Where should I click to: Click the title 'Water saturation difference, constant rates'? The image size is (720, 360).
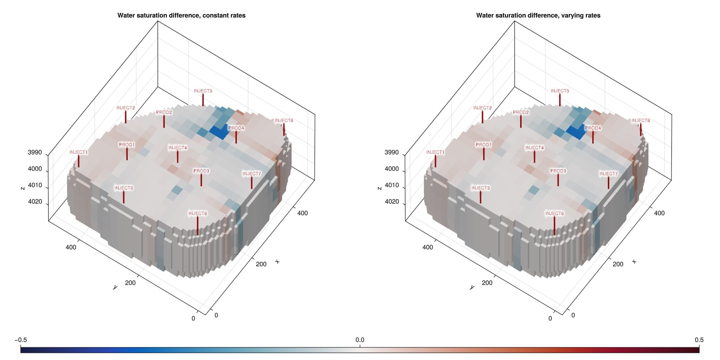[x=181, y=15]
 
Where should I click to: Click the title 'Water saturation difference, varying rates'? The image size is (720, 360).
[x=538, y=15]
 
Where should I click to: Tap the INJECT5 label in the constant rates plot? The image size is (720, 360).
[x=203, y=91]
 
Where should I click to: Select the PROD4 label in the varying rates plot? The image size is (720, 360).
[x=593, y=128]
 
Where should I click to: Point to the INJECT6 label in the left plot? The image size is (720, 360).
[x=198, y=213]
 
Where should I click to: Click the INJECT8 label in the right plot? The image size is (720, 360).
[x=640, y=121]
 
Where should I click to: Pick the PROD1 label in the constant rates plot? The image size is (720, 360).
[x=127, y=145]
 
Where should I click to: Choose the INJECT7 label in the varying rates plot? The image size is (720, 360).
[x=608, y=174]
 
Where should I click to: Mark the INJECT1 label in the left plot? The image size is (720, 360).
[x=78, y=152]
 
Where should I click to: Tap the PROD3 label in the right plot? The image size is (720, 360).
[x=558, y=171]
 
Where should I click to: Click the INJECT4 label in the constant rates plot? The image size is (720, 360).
[x=178, y=148]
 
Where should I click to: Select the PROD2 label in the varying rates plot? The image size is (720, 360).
[x=521, y=112]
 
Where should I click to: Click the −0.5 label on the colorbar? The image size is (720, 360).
[x=21, y=340]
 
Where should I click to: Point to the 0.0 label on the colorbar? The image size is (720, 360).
[x=360, y=340]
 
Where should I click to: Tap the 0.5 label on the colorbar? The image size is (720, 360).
[x=699, y=340]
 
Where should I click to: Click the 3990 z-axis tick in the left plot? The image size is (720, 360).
[x=35, y=153]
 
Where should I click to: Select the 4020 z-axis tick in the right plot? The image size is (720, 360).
[x=391, y=202]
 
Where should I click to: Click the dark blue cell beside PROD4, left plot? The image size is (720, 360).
[x=220, y=132]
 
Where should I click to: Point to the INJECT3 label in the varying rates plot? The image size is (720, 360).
[x=481, y=188]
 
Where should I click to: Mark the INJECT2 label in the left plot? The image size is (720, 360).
[x=126, y=108]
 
